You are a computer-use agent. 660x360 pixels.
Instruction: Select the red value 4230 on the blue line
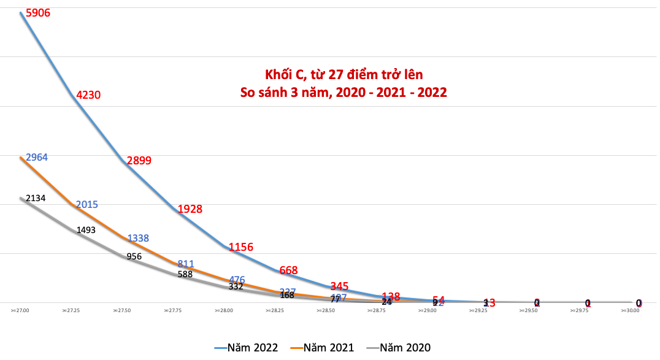(88, 95)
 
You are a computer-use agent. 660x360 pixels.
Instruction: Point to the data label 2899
(139, 161)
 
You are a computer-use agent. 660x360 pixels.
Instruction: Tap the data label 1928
(190, 209)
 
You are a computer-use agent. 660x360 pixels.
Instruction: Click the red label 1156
(240, 247)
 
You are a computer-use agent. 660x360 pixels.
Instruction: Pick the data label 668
(291, 270)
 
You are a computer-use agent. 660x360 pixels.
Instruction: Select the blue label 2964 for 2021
(36, 158)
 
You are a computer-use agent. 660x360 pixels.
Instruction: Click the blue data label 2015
(87, 204)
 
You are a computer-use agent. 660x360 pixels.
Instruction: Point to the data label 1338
(138, 238)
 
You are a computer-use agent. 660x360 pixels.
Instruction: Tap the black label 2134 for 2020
(35, 198)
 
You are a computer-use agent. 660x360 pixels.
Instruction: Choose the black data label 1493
(86, 230)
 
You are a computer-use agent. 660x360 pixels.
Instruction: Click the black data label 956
(134, 256)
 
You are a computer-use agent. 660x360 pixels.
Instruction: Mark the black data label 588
(185, 274)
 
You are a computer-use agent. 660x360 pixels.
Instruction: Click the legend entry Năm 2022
(246, 348)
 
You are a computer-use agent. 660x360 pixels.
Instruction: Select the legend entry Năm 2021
(322, 348)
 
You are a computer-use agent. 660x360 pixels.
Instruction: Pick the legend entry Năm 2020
(398, 348)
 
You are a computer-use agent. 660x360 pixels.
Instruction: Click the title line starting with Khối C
(343, 75)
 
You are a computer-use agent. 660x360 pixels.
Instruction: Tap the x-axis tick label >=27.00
(20, 311)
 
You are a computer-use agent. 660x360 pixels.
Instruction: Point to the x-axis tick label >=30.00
(630, 311)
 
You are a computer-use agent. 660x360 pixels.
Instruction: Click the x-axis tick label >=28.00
(223, 311)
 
